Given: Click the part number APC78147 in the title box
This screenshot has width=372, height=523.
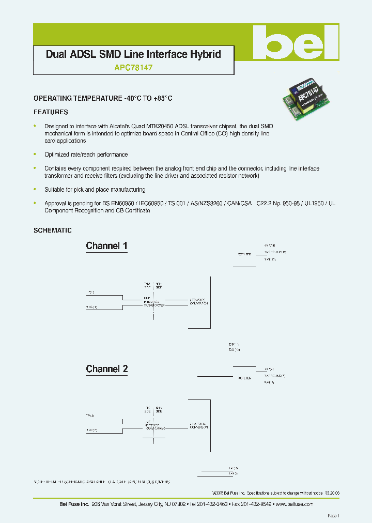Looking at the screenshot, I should pyautogui.click(x=133, y=67).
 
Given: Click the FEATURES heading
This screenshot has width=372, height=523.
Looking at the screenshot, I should pyautogui.click(x=51, y=112).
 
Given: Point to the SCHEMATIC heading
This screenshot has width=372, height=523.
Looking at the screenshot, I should pyautogui.click(x=53, y=230).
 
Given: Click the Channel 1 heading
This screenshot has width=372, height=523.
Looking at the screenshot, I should pyautogui.click(x=106, y=246).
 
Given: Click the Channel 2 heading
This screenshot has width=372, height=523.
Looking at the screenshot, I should pyautogui.click(x=106, y=369).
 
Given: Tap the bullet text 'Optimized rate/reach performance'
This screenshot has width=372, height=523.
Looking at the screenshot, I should pyautogui.click(x=86, y=155).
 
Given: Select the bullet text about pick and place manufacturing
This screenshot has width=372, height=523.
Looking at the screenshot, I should pyautogui.click(x=95, y=190).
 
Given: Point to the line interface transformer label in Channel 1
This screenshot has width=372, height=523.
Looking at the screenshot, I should pyautogui.click(x=154, y=302).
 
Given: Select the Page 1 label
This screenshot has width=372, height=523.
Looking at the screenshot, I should pyautogui.click(x=333, y=516).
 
